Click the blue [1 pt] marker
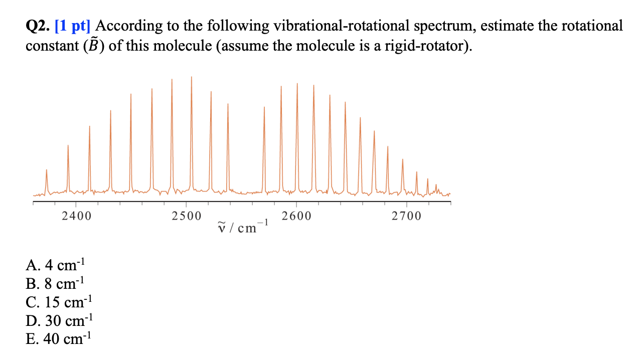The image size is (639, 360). coord(76,26)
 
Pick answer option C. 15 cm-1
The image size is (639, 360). coord(58,302)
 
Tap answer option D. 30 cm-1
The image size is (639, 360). coord(59,321)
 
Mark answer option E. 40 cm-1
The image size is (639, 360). coord(58,339)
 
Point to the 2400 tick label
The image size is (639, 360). coord(76,217)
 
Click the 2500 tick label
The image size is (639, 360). coord(186,217)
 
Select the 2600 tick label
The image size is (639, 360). coord(296,217)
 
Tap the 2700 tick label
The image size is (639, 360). coord(407,217)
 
